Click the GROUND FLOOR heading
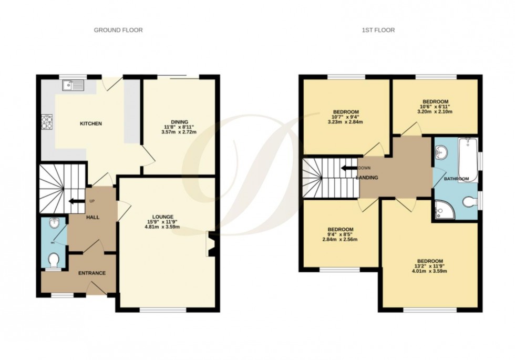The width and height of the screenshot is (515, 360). point(118,30)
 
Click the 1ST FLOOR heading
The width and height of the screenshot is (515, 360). point(378,30)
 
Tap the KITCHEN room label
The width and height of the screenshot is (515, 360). point(90,124)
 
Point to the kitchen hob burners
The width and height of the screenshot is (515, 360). point(45,122)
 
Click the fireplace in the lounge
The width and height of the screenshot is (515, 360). point(211,244)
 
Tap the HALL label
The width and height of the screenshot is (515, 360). point(93,217)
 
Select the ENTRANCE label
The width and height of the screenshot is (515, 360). point(92,273)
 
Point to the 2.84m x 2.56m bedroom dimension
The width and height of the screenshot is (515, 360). point(341,240)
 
